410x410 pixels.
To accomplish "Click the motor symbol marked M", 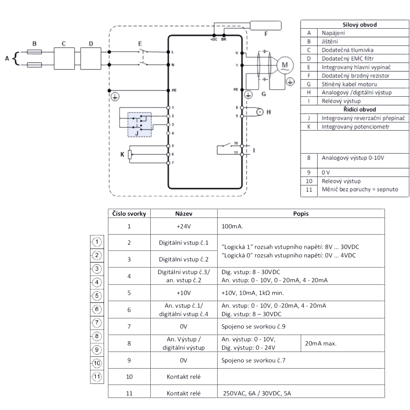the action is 285,65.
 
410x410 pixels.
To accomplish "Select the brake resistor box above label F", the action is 266,25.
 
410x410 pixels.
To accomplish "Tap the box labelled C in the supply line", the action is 64,58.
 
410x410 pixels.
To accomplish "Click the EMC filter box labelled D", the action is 91,58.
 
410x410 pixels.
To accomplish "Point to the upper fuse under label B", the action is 34,52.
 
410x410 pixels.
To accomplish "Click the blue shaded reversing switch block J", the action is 139,125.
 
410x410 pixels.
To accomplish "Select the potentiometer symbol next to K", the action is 130,155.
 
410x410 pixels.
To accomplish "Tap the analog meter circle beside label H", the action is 260,112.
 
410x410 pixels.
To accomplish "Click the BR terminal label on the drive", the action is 224,39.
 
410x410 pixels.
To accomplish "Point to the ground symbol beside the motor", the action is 290,82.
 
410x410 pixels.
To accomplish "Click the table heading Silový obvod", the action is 359,25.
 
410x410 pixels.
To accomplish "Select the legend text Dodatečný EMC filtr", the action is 348,58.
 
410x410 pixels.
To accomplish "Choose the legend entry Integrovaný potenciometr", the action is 356,127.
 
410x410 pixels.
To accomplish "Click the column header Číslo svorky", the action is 129,214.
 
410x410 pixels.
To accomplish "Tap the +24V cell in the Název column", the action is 184,226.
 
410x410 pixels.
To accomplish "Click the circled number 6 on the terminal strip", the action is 97,309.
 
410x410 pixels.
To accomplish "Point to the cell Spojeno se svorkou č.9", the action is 253,326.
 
